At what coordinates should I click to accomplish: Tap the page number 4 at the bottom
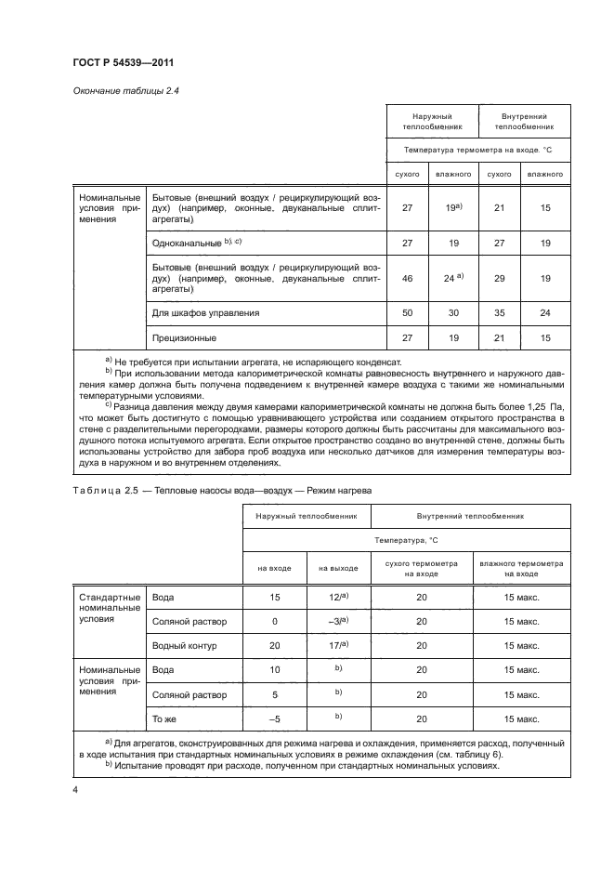pos(74,789)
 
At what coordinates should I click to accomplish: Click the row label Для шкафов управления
pos(204,313)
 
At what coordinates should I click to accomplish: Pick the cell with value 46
pos(407,278)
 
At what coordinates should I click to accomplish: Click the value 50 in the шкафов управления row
pos(407,313)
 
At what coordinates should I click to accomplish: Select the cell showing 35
pos(499,313)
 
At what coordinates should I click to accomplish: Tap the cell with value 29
pos(499,278)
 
